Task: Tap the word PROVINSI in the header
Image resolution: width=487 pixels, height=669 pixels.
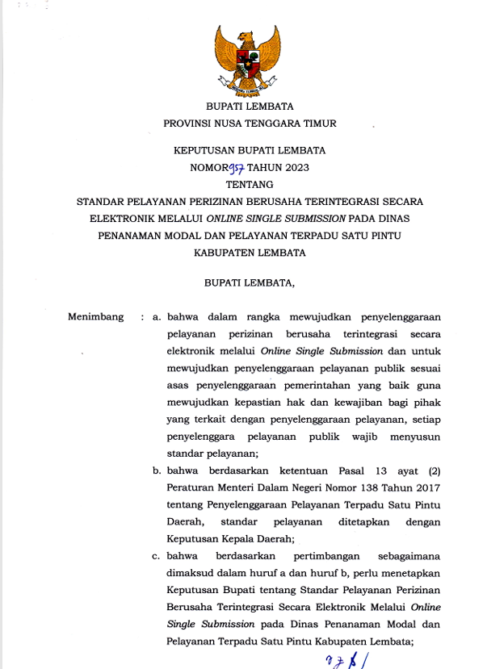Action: point(187,124)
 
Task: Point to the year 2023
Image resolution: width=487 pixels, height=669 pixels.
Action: point(293,168)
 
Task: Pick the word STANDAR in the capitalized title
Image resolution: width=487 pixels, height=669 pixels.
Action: point(99,202)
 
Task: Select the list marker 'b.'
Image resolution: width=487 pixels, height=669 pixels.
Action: point(157,470)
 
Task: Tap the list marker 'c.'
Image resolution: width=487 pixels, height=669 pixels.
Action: point(157,556)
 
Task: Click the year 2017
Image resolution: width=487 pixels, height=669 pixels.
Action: point(426,487)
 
